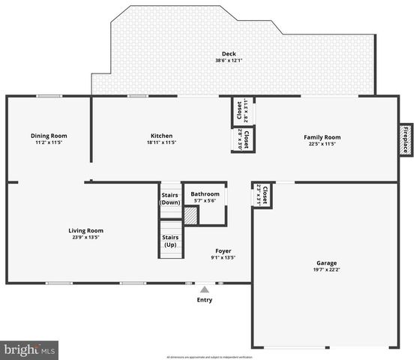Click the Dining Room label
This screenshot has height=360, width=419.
pos(49,136)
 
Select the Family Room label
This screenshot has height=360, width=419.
pos(322,137)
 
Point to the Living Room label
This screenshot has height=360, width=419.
pos(86,230)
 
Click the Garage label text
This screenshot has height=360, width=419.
pos(326,263)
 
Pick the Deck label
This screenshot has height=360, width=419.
pos(229,54)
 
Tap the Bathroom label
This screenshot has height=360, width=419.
pos(205,193)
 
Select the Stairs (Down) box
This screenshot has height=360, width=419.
pos(171,199)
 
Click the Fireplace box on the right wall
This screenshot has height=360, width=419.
pos(406,140)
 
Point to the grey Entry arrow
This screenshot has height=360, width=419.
pos(204,289)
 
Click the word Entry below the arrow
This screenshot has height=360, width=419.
pos(204,300)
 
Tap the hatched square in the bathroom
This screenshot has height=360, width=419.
pos(191,215)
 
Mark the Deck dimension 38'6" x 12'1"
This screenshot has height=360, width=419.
pos(229,61)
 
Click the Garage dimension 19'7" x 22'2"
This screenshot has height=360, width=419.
pos(326,270)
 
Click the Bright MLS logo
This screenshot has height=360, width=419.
pos(30,349)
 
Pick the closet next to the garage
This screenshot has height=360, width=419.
pos(262,196)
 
